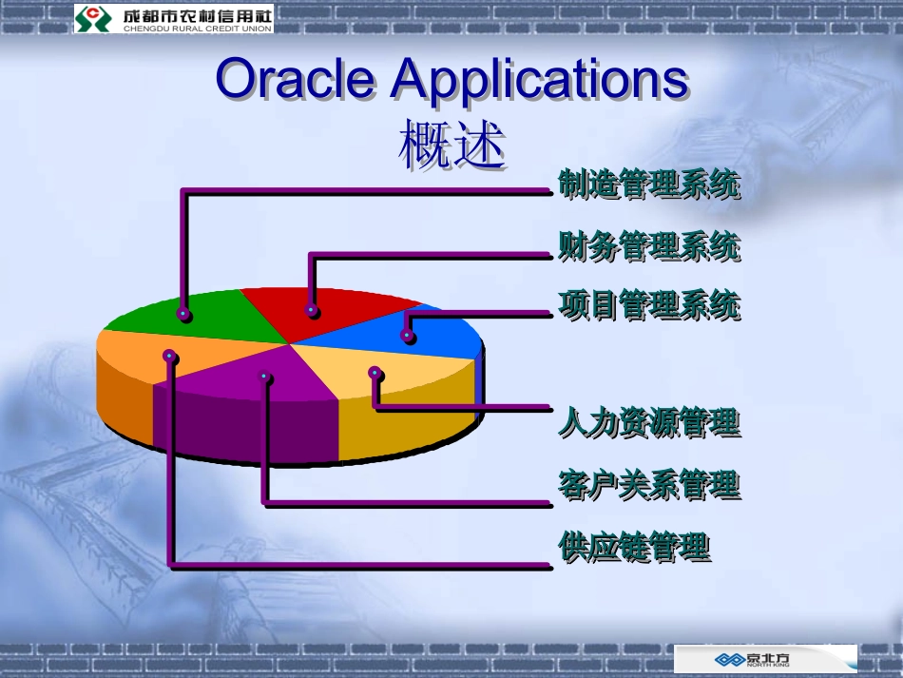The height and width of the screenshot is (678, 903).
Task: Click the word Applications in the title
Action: click(x=539, y=80)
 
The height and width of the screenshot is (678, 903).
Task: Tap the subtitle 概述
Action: click(x=451, y=146)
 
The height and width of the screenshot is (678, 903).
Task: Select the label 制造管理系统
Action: click(x=648, y=184)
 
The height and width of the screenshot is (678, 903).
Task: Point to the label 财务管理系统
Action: click(x=648, y=246)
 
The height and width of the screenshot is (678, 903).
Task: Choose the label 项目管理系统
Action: click(x=648, y=306)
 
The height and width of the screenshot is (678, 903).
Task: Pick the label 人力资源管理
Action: click(x=648, y=421)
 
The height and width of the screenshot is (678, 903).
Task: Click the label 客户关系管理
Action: click(x=648, y=485)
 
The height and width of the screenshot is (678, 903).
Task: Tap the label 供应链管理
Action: click(x=633, y=547)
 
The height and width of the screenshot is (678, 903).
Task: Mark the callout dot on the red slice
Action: click(x=311, y=310)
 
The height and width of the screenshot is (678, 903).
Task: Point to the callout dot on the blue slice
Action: click(x=408, y=335)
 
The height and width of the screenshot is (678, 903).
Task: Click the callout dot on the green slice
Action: click(x=183, y=313)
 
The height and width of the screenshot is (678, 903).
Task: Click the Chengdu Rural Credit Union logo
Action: click(x=173, y=17)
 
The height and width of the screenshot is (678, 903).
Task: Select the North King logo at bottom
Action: click(x=765, y=659)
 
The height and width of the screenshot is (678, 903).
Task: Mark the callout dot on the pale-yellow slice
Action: click(x=375, y=373)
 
